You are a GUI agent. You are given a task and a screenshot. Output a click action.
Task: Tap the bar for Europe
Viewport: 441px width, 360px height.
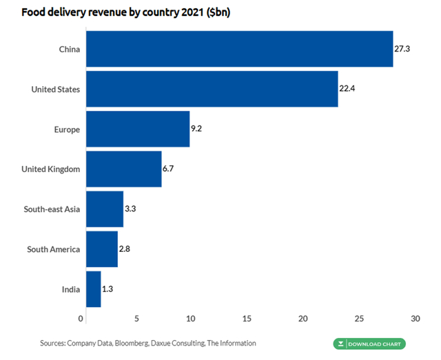coord(137,129)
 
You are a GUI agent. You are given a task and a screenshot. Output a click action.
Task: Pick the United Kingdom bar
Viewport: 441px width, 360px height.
coord(123,169)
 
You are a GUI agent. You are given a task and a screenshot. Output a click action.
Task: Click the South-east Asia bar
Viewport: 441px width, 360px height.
coord(104,209)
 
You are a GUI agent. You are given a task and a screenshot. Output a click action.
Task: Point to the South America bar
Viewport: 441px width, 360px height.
coord(101,248)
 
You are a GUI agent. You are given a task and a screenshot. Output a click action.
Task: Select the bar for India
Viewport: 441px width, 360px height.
coord(93,288)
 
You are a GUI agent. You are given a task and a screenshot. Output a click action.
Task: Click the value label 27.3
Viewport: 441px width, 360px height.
coord(402,50)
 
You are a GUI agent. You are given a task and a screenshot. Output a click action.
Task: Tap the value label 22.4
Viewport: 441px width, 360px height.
coord(347,89)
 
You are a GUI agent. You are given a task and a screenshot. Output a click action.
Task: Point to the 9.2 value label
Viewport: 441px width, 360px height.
coord(197,129)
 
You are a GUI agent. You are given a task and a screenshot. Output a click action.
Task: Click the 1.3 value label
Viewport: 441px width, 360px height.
coord(107,289)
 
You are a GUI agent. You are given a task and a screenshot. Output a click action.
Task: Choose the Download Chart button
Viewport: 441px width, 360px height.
coord(369,343)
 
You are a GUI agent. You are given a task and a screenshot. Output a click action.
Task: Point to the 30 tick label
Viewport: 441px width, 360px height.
coord(415,319)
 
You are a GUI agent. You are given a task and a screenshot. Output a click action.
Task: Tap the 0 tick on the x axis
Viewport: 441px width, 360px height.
coord(81,319)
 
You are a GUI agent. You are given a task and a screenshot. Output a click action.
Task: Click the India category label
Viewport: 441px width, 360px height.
coord(70,289)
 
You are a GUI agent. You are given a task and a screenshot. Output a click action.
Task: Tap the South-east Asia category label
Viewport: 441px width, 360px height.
coord(52,209)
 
